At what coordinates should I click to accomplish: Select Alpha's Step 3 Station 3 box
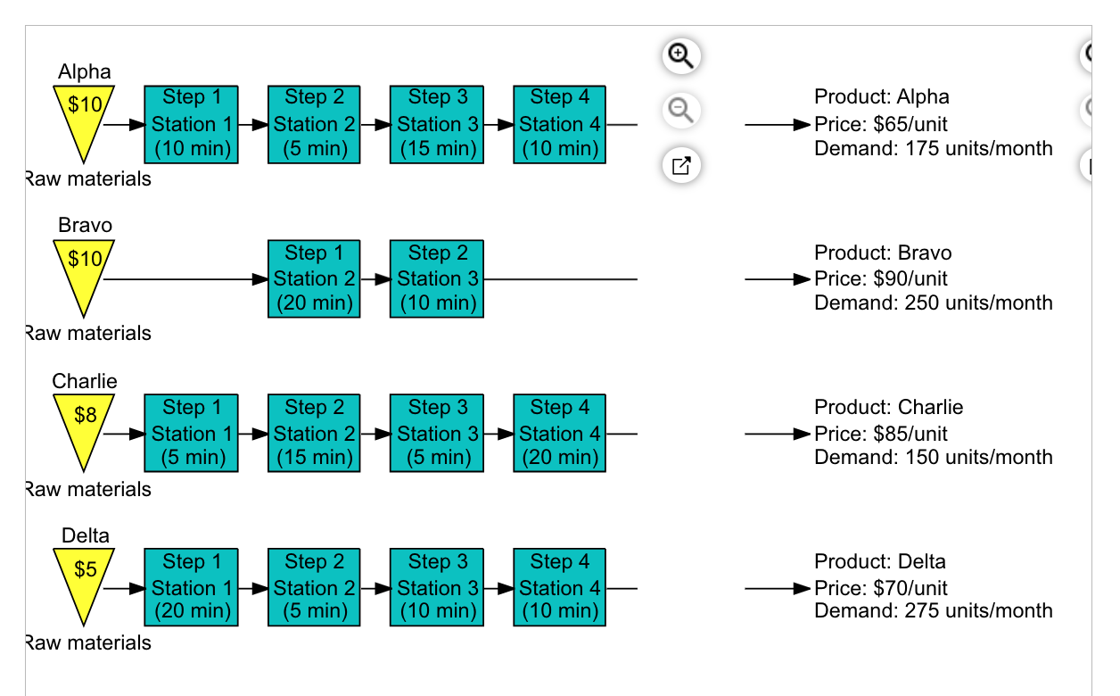click(x=437, y=124)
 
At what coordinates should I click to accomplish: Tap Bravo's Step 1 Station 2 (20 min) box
click(x=313, y=278)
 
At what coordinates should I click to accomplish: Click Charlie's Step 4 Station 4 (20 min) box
click(x=559, y=433)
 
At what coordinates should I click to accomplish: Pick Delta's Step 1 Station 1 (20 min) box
click(x=191, y=587)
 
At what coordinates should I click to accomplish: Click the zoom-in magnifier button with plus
click(x=681, y=56)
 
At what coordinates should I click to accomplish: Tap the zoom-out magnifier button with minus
click(x=681, y=111)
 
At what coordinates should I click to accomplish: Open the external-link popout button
click(x=681, y=165)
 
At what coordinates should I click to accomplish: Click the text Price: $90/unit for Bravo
click(x=880, y=278)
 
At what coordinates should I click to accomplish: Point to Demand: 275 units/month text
click(x=933, y=611)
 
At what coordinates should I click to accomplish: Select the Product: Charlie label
click(x=888, y=408)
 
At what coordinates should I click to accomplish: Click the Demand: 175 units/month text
click(x=933, y=148)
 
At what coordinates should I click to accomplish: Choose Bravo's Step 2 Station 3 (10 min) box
click(x=437, y=278)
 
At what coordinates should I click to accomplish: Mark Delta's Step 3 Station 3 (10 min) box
click(x=437, y=587)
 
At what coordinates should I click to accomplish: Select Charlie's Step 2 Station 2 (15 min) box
click(x=313, y=433)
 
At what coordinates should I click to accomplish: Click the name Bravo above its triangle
click(x=85, y=225)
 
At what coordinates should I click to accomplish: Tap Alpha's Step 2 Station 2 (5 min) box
click(x=313, y=124)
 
